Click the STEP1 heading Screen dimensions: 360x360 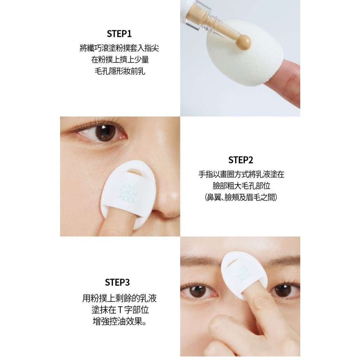click(119, 34)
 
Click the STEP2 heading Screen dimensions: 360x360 click(240, 160)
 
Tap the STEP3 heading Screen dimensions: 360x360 click(117, 282)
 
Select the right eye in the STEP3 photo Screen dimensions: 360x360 click(284, 290)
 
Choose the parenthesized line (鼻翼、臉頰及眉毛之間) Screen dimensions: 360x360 click(241, 197)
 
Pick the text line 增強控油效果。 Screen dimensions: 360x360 click(120, 321)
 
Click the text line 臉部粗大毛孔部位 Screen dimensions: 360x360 click(241, 186)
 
